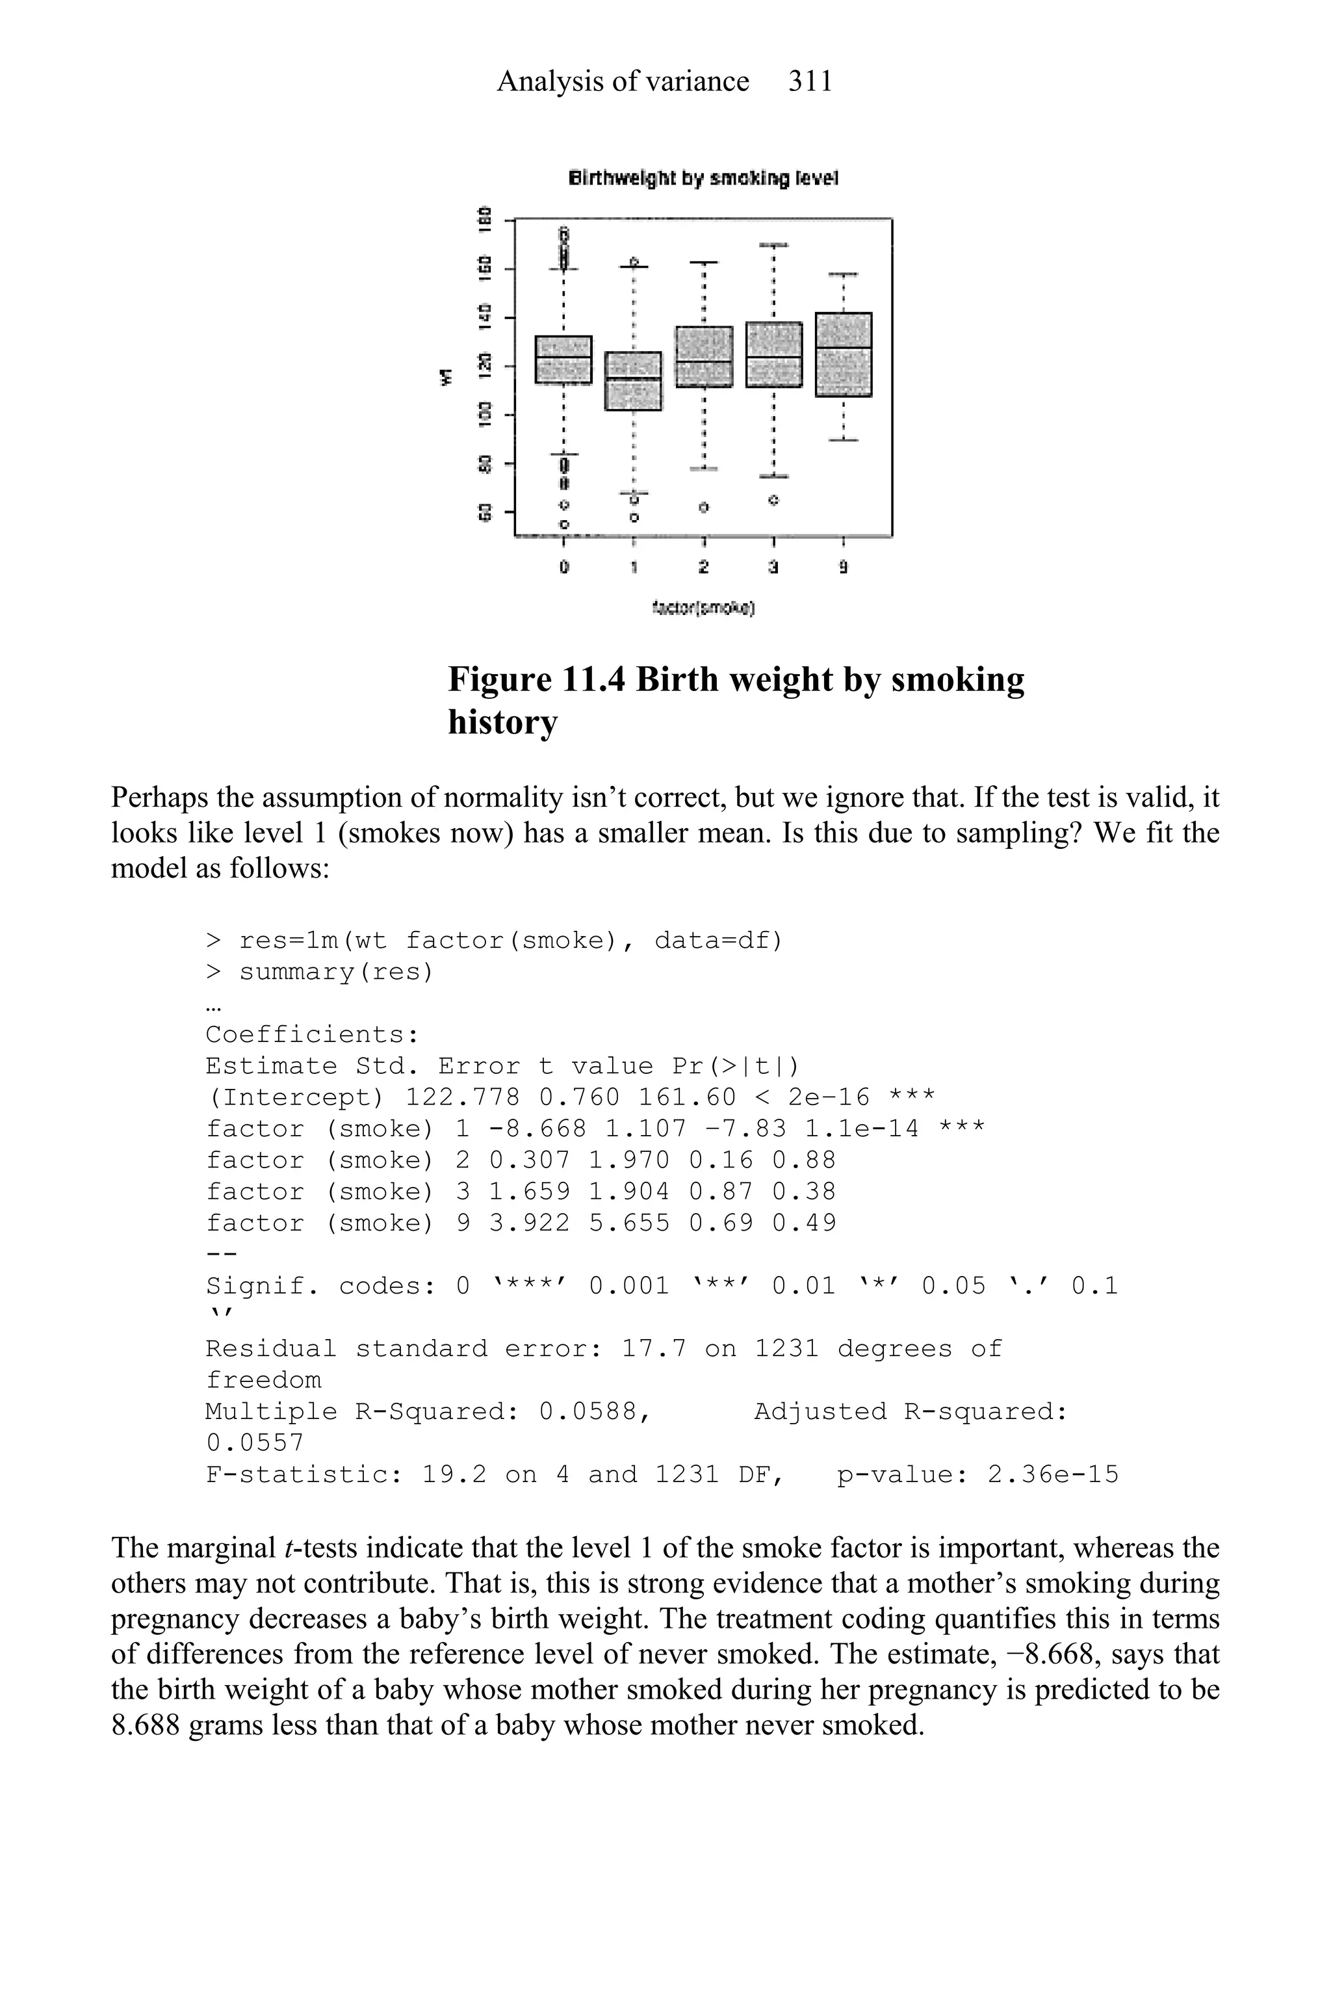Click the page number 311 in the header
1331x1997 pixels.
point(810,81)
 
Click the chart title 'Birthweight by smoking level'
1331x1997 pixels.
point(703,178)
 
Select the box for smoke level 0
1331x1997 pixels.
point(563,359)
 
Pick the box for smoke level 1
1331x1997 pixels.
point(633,380)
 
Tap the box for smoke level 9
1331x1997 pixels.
point(843,354)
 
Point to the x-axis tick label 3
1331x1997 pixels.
point(773,566)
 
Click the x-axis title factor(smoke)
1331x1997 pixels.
point(704,607)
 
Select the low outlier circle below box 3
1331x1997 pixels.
point(773,500)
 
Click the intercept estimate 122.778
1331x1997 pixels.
point(463,1097)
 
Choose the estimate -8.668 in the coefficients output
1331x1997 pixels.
point(537,1129)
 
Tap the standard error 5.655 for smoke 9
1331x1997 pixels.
point(629,1223)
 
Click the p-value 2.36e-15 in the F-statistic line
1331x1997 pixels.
point(1053,1474)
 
